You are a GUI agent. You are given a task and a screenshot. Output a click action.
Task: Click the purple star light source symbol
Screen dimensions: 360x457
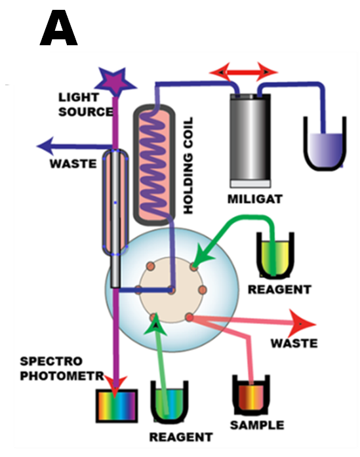(115, 81)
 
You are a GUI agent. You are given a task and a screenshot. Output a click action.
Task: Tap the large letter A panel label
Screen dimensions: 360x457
(58, 28)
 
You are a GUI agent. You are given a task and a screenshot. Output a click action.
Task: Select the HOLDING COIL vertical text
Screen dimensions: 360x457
(188, 165)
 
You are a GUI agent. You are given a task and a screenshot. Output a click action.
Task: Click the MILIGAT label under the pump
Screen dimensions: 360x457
(255, 199)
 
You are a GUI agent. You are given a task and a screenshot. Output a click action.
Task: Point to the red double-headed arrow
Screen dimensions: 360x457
(243, 71)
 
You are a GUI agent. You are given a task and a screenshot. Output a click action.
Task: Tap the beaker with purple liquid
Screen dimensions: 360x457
(325, 144)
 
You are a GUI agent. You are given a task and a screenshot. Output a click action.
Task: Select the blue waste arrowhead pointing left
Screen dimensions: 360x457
(45, 146)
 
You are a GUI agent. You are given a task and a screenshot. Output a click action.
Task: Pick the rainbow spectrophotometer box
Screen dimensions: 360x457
(117, 406)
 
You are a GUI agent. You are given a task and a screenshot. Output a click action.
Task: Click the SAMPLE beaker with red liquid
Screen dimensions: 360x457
(251, 395)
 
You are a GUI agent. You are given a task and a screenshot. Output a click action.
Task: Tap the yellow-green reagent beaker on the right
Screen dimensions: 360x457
(275, 254)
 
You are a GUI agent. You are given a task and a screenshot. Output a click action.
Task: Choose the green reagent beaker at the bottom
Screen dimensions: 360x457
(169, 402)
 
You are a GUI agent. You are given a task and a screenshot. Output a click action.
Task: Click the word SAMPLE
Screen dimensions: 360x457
(257, 425)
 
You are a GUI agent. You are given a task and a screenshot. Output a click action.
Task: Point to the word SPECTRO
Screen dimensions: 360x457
(51, 361)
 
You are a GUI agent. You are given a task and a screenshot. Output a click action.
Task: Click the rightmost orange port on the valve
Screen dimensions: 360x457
(203, 290)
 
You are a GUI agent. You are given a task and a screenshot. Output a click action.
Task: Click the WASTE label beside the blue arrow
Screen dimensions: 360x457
(73, 164)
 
